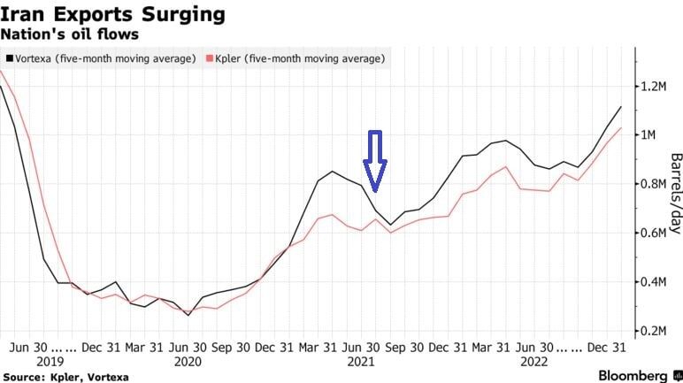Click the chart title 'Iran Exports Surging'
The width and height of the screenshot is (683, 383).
pyautogui.click(x=111, y=15)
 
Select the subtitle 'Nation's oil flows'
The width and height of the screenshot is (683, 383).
pyautogui.click(x=68, y=34)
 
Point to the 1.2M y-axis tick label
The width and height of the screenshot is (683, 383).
pyautogui.click(x=660, y=86)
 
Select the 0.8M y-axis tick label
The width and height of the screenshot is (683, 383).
pyautogui.click(x=660, y=184)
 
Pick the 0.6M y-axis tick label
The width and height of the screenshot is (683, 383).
pyautogui.click(x=660, y=233)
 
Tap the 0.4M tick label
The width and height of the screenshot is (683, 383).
pyautogui.click(x=660, y=281)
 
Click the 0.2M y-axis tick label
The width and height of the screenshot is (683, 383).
pyautogui.click(x=660, y=330)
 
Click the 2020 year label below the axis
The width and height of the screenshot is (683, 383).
pyautogui.click(x=188, y=362)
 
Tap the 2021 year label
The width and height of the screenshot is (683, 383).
pyautogui.click(x=359, y=362)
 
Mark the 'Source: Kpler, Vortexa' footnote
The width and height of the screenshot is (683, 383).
pyautogui.click(x=66, y=377)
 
